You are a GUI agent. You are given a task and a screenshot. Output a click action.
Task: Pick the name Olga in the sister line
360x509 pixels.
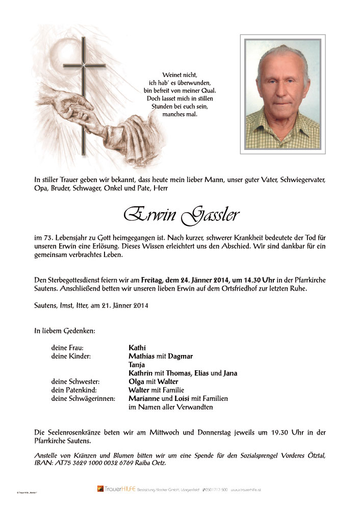137,381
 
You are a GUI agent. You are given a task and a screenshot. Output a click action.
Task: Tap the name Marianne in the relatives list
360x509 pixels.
145,398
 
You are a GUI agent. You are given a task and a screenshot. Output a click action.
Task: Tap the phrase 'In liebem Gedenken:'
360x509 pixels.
65,330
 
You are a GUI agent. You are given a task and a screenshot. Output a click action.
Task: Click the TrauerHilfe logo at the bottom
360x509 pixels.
116,489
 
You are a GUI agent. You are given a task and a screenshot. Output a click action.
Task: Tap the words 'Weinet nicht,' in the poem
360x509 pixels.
180,75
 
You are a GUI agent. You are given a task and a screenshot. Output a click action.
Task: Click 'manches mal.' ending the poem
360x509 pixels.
180,114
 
